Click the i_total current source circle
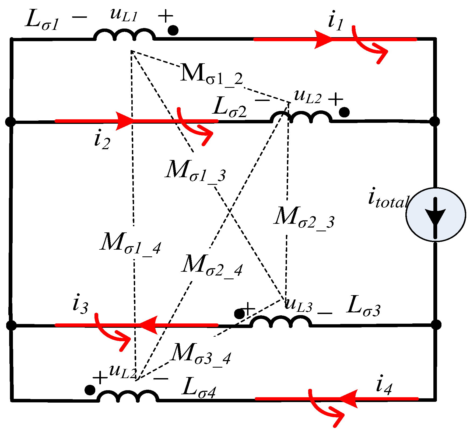pos(436,215)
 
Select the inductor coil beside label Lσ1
pos(124,35)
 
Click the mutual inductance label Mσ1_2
pos(212,74)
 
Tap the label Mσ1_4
pos(131,243)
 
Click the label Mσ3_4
pos(201,354)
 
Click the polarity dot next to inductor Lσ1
pos(173,30)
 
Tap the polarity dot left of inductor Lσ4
pos(90,390)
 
